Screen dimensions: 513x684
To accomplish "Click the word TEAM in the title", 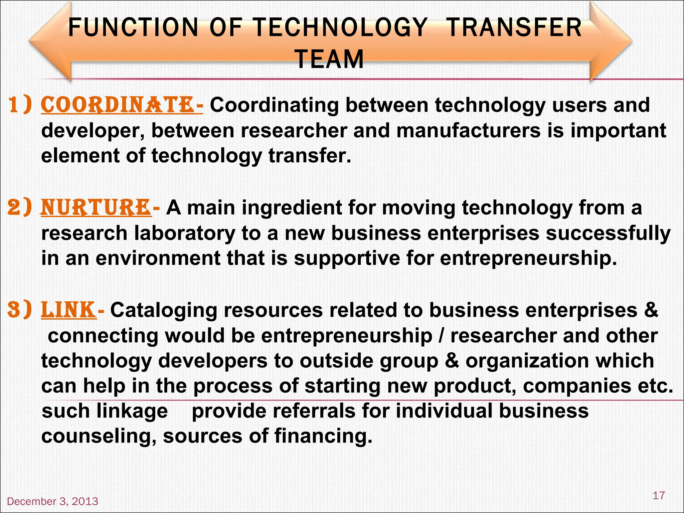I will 330,59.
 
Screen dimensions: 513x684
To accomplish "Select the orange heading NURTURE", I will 96,207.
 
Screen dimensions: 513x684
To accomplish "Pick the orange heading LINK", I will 68,310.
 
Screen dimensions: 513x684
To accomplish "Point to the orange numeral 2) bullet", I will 20,207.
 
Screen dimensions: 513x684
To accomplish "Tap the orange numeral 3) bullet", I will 20,310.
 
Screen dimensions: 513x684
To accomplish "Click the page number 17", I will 658,495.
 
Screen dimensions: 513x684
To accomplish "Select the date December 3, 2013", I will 52,501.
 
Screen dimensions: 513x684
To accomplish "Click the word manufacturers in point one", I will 468,131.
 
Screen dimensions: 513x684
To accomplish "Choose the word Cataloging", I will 164,310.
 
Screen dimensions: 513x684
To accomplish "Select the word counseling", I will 99,436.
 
